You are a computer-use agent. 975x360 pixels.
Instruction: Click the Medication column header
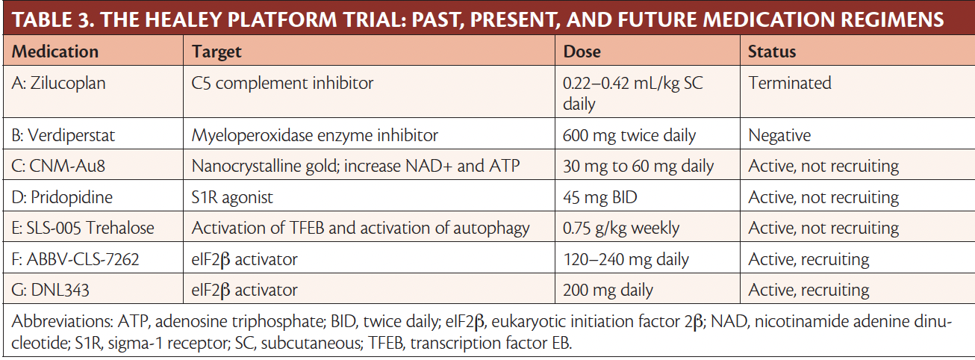pyautogui.click(x=55, y=52)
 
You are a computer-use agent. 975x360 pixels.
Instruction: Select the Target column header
pyautogui.click(x=217, y=52)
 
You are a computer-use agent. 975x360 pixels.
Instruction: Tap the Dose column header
pyautogui.click(x=582, y=52)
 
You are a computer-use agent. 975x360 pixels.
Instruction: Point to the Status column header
pyautogui.click(x=772, y=52)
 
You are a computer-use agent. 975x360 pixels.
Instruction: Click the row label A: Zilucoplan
pyautogui.click(x=59, y=84)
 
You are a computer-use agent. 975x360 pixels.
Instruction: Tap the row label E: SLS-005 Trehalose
pyautogui.click(x=82, y=229)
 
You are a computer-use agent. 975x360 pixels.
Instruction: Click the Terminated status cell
pyautogui.click(x=789, y=84)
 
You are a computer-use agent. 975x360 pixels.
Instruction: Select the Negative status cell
pyautogui.click(x=779, y=136)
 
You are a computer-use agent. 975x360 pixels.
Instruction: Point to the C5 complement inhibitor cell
pyautogui.click(x=282, y=84)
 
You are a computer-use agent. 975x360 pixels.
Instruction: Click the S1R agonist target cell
pyautogui.click(x=232, y=197)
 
